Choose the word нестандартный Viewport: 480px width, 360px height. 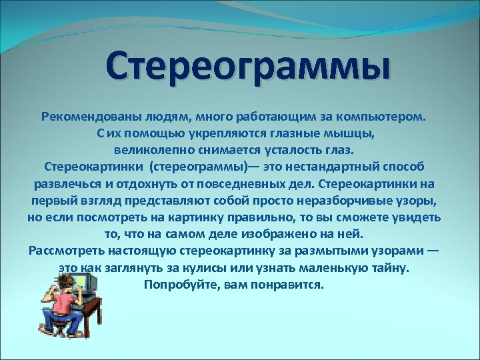coord(339,167)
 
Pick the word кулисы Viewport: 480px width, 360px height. coord(224,268)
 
